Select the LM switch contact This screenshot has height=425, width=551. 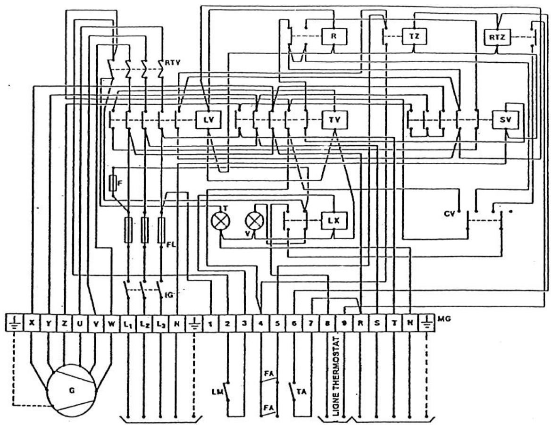click(x=228, y=391)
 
